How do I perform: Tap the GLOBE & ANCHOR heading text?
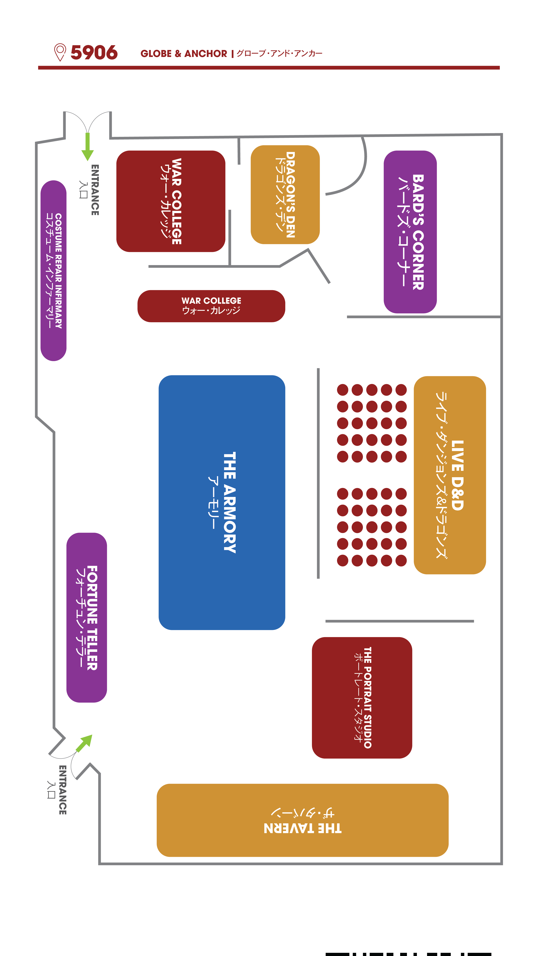(x=184, y=54)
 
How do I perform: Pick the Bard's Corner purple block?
(x=410, y=232)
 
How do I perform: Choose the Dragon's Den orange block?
(x=285, y=194)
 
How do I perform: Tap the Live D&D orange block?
(x=450, y=475)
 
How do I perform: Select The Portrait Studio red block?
(x=362, y=698)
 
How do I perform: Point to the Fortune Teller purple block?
(x=86, y=618)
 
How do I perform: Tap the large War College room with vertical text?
(x=171, y=201)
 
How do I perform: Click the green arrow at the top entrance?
(x=88, y=147)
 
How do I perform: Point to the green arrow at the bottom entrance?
(x=84, y=743)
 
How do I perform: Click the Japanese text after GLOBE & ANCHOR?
(x=279, y=53)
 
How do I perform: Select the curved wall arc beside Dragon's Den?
(x=357, y=174)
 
